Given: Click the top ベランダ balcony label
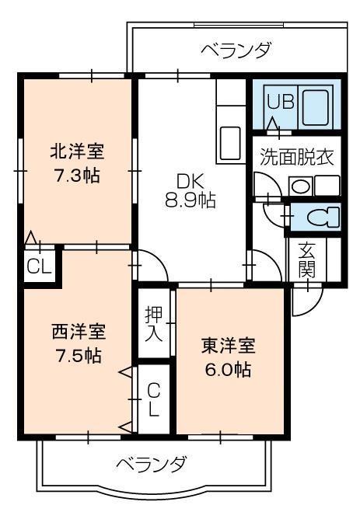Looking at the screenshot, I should pos(236,51).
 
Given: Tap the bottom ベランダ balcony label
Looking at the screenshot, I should pos(152,465).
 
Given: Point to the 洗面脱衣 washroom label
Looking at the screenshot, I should pos(296,155).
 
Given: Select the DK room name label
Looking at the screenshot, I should pos(190,181).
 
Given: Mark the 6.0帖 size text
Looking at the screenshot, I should pos(229,369).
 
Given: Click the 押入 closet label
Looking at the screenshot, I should pos(153,325).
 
